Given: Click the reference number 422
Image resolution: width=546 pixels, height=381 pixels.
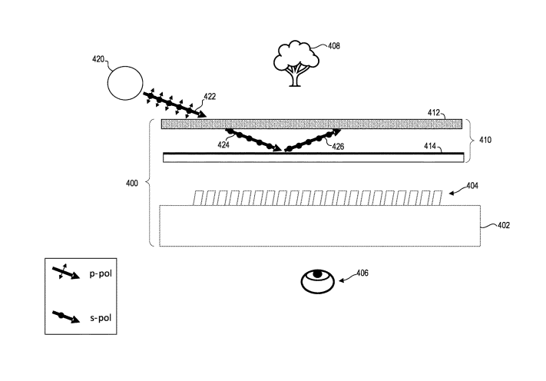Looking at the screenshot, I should pyautogui.click(x=210, y=98).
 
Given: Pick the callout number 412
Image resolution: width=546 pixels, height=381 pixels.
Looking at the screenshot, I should pyautogui.click(x=435, y=113).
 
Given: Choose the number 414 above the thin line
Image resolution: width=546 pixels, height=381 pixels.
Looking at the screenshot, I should pyautogui.click(x=433, y=145).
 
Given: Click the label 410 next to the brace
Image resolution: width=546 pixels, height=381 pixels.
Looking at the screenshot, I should pyautogui.click(x=485, y=141).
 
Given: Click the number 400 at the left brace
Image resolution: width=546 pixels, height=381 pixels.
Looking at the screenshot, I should pyautogui.click(x=132, y=184).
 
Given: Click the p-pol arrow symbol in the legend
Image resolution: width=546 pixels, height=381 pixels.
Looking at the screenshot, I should pyautogui.click(x=65, y=273).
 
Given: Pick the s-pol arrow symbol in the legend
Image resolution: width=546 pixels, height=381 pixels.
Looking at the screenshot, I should pyautogui.click(x=65, y=316).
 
